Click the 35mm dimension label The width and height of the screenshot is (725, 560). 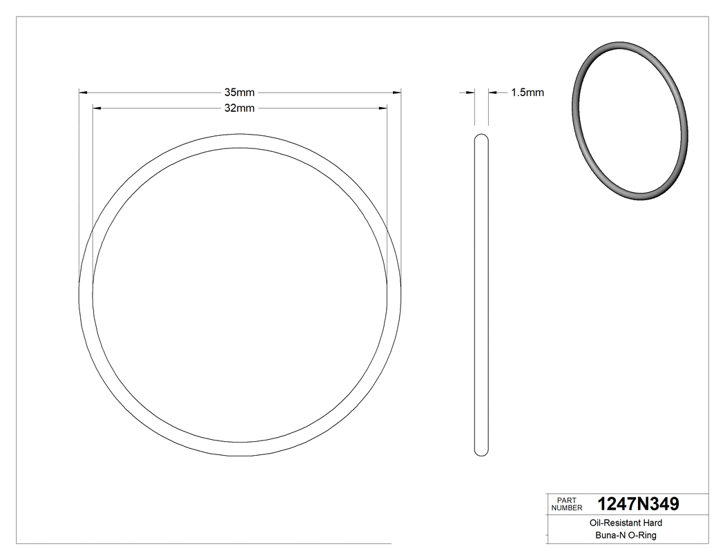tap(240, 92)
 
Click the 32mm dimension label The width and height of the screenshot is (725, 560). tap(240, 108)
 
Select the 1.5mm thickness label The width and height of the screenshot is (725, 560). tap(528, 93)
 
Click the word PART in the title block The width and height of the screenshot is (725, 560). tap(565, 500)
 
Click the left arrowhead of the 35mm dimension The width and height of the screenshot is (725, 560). tap(84, 92)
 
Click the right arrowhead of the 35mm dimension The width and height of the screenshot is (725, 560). tap(397, 92)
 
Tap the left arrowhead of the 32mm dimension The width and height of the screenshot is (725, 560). tap(97, 108)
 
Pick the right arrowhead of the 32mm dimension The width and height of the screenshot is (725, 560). tap(383, 108)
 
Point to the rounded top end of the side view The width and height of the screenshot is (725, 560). tap(482, 135)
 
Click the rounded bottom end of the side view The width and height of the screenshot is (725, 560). tap(482, 453)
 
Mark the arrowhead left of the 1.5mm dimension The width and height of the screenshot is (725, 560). tap(471, 92)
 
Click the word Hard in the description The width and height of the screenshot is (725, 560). tap(652, 523)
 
